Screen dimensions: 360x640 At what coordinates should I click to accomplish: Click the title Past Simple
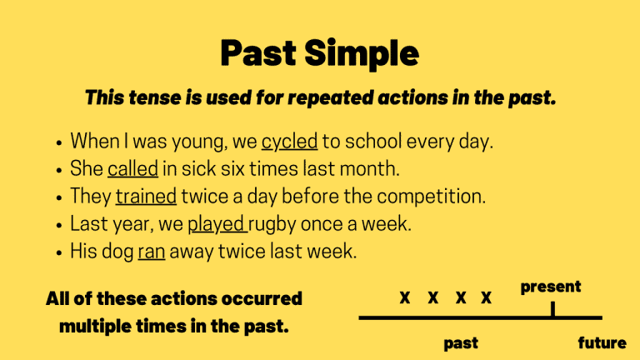[319, 53]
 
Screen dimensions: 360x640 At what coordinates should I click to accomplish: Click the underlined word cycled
[289, 142]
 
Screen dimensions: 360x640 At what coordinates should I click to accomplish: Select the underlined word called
[132, 169]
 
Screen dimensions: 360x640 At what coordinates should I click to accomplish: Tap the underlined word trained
[146, 197]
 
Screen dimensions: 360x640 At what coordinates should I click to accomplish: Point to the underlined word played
[216, 224]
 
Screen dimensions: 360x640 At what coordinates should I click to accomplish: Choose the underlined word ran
[151, 252]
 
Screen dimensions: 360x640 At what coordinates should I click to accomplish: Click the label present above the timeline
[551, 287]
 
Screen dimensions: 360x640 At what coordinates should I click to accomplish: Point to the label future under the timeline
[602, 342]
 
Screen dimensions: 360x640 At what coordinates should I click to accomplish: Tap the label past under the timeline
[460, 342]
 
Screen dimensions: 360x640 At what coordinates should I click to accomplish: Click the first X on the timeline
[404, 298]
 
